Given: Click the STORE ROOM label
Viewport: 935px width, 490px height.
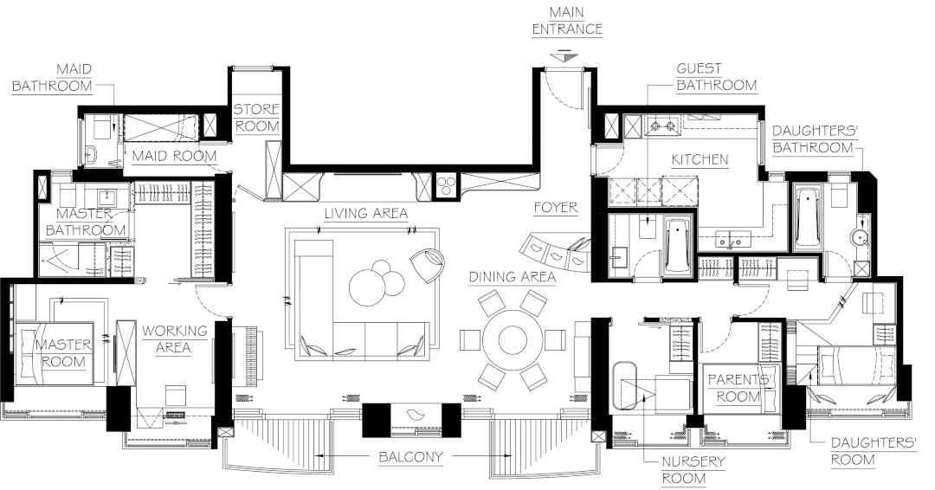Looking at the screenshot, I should (x=257, y=118).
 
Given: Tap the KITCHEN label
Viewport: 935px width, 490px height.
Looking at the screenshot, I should (x=700, y=159).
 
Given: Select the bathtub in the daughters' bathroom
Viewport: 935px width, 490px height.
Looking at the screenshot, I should (x=807, y=216).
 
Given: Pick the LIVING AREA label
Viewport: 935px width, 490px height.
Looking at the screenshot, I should (x=365, y=213).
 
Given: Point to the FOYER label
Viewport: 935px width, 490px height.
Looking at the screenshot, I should (x=556, y=208).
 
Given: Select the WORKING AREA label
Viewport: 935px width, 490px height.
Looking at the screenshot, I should (x=175, y=338).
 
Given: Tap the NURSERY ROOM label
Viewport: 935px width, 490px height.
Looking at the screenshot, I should (x=693, y=469).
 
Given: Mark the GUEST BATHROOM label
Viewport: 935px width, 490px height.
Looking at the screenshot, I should (x=716, y=77).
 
